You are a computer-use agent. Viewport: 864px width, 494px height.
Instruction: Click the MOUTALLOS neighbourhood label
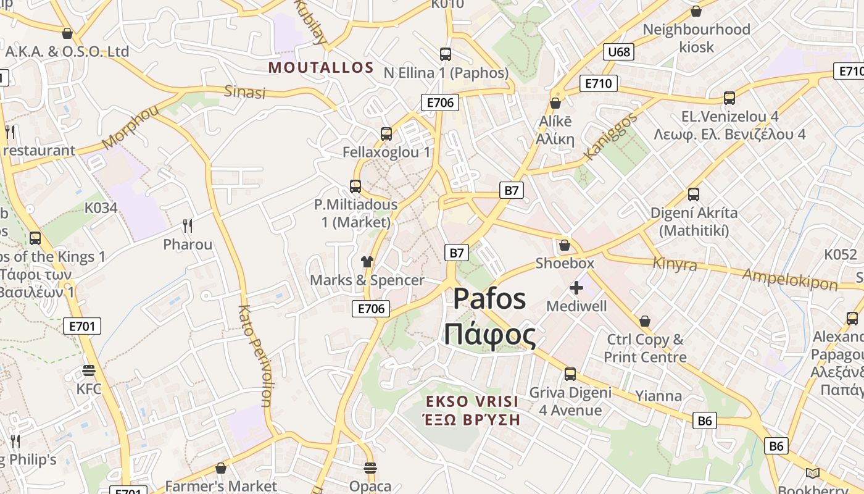[x=321, y=67]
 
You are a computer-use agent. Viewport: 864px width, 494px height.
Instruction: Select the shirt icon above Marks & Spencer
[x=367, y=262]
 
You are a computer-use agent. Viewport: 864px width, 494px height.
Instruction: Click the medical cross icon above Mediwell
[x=576, y=288]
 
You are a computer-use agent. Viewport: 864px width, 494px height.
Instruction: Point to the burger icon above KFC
[x=89, y=371]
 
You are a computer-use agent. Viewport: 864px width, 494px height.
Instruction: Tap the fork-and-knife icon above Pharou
[x=188, y=226]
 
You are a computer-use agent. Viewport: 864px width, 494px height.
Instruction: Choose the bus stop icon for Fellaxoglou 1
[x=386, y=133]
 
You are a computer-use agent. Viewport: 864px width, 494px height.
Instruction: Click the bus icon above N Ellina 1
[x=446, y=54]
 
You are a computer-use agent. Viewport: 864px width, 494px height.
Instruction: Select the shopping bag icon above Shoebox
[x=564, y=245]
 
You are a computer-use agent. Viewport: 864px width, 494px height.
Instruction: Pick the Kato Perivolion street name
[x=254, y=356]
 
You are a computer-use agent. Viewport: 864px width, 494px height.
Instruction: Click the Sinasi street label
[x=244, y=92]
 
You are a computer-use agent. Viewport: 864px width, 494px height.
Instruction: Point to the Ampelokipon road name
[x=790, y=279]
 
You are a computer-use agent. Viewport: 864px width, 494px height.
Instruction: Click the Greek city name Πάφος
[x=490, y=335]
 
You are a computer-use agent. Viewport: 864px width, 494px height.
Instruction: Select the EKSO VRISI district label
[x=472, y=401]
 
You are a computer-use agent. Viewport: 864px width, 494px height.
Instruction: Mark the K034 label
[x=101, y=207]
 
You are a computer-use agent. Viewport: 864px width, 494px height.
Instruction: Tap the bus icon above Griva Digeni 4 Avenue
[x=570, y=374]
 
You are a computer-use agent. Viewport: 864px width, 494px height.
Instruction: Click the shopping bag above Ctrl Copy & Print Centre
[x=645, y=321]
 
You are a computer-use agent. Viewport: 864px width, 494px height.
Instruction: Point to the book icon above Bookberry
[x=813, y=473]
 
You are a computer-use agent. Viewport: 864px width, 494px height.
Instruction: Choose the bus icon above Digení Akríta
[x=694, y=195]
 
